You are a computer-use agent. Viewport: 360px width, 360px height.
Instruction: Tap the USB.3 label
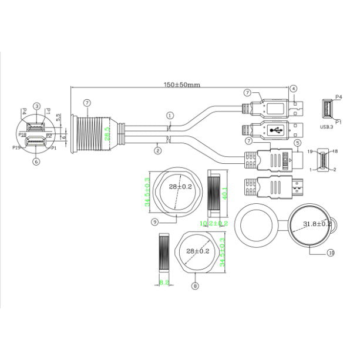point(329,125)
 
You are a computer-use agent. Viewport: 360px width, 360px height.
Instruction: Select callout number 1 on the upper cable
point(170,116)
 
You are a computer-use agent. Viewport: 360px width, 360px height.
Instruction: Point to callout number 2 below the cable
point(157,150)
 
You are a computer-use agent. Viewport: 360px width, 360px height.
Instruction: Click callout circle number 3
point(36,106)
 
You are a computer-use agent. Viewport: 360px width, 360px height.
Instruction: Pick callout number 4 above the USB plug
point(293,89)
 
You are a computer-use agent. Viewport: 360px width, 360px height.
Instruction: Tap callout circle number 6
point(36,162)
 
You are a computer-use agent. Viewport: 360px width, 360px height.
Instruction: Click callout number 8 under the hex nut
point(196,287)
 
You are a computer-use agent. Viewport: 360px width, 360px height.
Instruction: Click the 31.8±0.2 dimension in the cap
point(317,224)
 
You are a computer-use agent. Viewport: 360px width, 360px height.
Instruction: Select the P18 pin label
point(22,134)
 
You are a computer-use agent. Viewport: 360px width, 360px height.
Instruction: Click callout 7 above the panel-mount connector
point(86,103)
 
